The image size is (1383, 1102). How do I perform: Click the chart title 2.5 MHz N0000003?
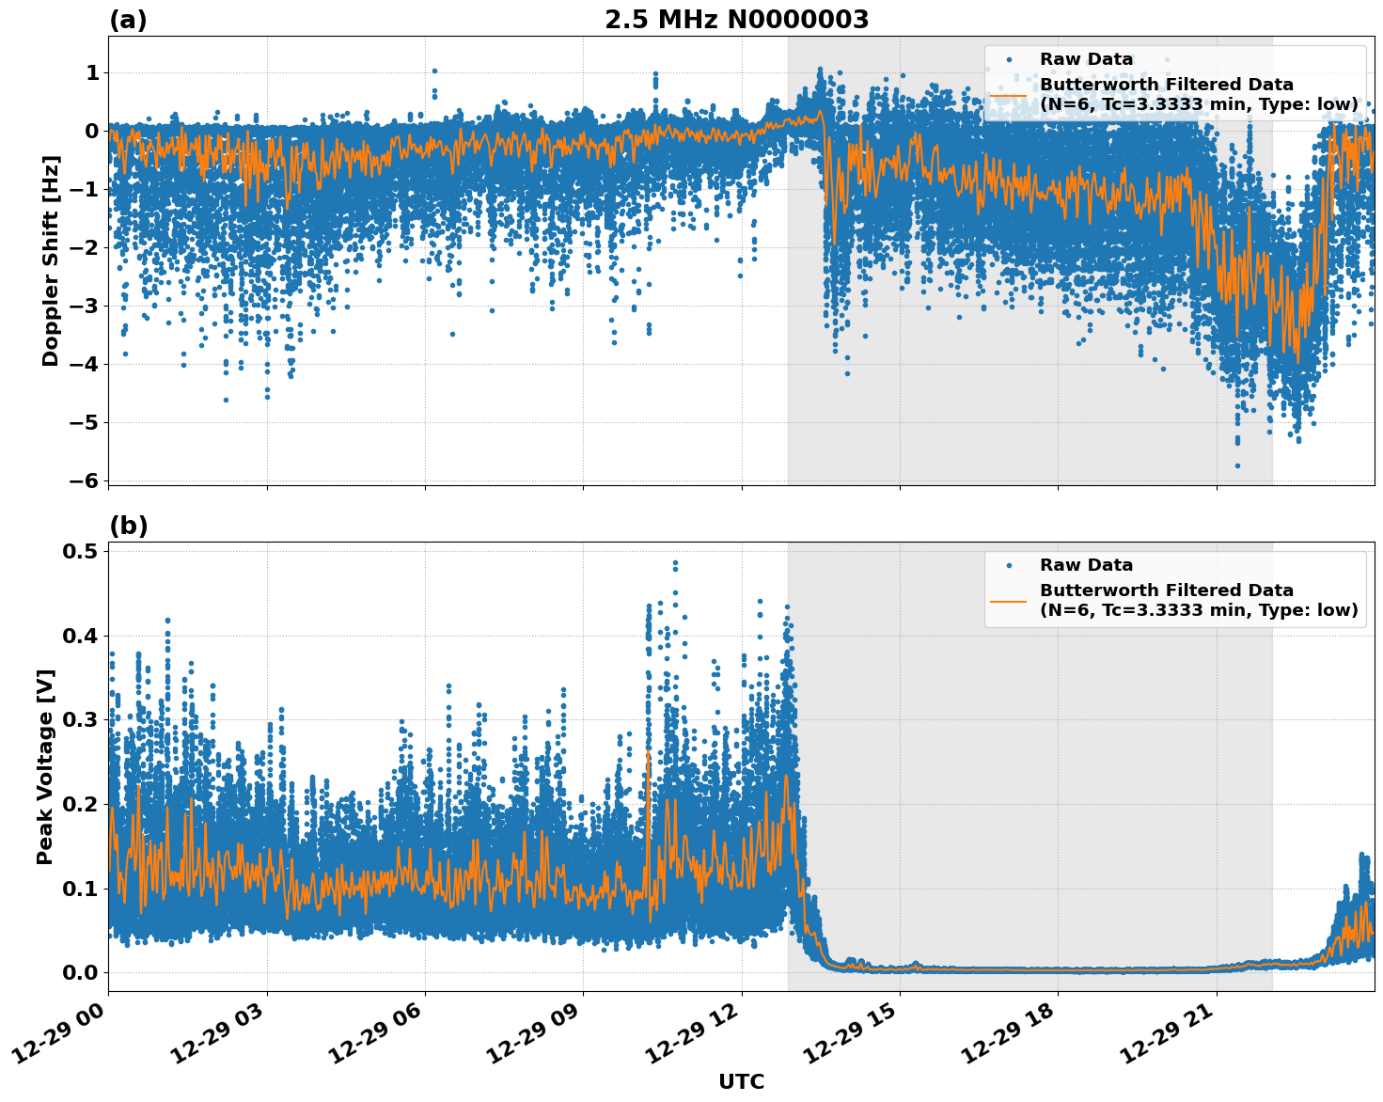(736, 20)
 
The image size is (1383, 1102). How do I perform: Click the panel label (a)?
(128, 20)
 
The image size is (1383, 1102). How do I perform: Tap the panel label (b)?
(128, 526)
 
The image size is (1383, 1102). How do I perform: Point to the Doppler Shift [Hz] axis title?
(51, 260)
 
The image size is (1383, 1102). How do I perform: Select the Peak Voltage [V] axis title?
(45, 766)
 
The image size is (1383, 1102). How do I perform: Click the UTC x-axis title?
(741, 1081)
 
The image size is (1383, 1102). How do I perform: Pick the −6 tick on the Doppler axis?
(85, 480)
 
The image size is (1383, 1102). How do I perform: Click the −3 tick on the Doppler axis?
(85, 306)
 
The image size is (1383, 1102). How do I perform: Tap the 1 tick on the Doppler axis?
(92, 73)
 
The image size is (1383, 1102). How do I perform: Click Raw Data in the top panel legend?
(1086, 60)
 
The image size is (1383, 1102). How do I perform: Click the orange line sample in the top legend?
(1008, 95)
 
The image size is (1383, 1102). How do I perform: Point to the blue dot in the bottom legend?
(1008, 566)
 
